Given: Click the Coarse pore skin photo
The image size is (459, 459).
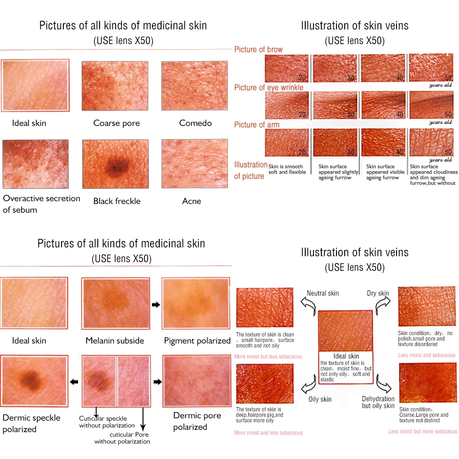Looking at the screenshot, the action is coord(115,86).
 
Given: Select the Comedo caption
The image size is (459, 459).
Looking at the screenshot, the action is coord(196,123).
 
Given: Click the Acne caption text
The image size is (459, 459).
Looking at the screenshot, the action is coord(191,201).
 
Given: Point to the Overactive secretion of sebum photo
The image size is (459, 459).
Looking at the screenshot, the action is coord(35,164).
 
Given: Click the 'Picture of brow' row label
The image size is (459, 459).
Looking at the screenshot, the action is coord(258,50).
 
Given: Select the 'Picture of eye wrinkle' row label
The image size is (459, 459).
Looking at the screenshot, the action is coord(269,87).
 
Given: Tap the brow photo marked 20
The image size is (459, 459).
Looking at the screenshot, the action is coord(287,68).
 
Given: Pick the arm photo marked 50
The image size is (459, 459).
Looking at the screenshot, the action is coord(431,143).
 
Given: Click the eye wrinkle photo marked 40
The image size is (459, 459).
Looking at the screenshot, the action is coord(383,105).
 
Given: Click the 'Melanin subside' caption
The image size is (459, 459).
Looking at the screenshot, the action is coord(115,341).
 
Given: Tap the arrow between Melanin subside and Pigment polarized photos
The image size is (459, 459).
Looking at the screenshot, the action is coord(156,305).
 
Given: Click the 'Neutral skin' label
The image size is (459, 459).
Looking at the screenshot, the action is coord(323,293).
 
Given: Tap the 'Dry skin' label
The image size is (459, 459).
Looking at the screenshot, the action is coord(378,293).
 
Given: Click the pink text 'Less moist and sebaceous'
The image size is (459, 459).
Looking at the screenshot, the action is coord(427,355).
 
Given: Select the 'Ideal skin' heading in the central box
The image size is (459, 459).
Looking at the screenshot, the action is coord(347,356).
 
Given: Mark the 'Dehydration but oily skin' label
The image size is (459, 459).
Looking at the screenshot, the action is coord(378,402).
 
